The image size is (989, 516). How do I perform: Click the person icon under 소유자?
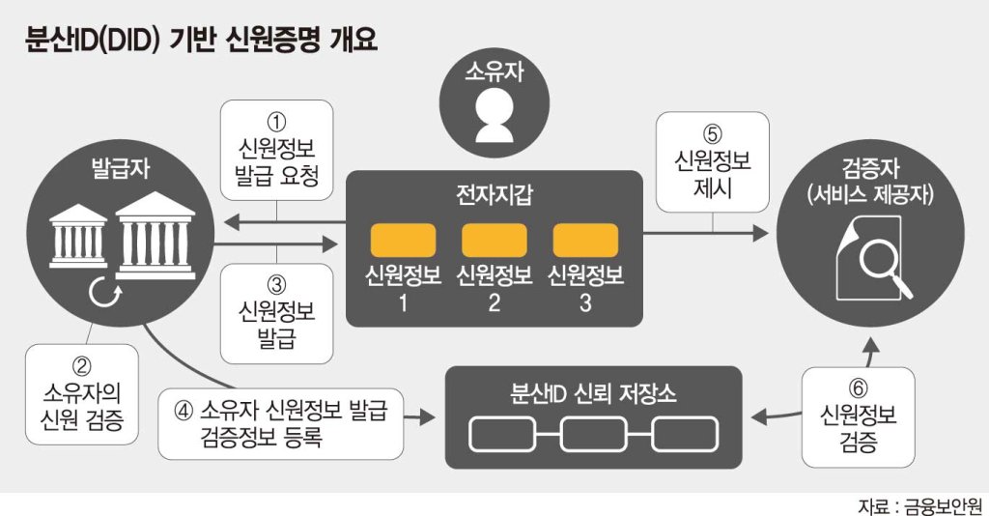[494, 115]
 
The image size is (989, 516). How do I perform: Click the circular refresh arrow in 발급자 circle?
[104, 293]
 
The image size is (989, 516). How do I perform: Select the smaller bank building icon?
[78, 236]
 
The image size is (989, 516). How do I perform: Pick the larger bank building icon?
[155, 235]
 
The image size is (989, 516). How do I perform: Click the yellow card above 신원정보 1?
[403, 240]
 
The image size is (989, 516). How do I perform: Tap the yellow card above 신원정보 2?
[494, 240]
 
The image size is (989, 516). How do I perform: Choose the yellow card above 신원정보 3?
[585, 240]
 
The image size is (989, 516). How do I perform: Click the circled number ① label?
[276, 122]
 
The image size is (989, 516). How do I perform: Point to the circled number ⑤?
[712, 134]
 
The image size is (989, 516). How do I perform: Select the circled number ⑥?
[858, 388]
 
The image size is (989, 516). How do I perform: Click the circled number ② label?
[81, 366]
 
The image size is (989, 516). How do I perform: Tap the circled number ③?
[276, 285]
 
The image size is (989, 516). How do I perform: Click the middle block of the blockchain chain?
[594, 434]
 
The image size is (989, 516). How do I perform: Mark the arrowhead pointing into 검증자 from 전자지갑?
[761, 234]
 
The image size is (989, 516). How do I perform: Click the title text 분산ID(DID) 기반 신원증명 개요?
[201, 39]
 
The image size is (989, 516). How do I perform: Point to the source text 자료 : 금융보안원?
[919, 506]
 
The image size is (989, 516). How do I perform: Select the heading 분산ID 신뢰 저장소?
[593, 393]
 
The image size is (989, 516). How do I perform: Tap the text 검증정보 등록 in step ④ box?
[261, 437]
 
